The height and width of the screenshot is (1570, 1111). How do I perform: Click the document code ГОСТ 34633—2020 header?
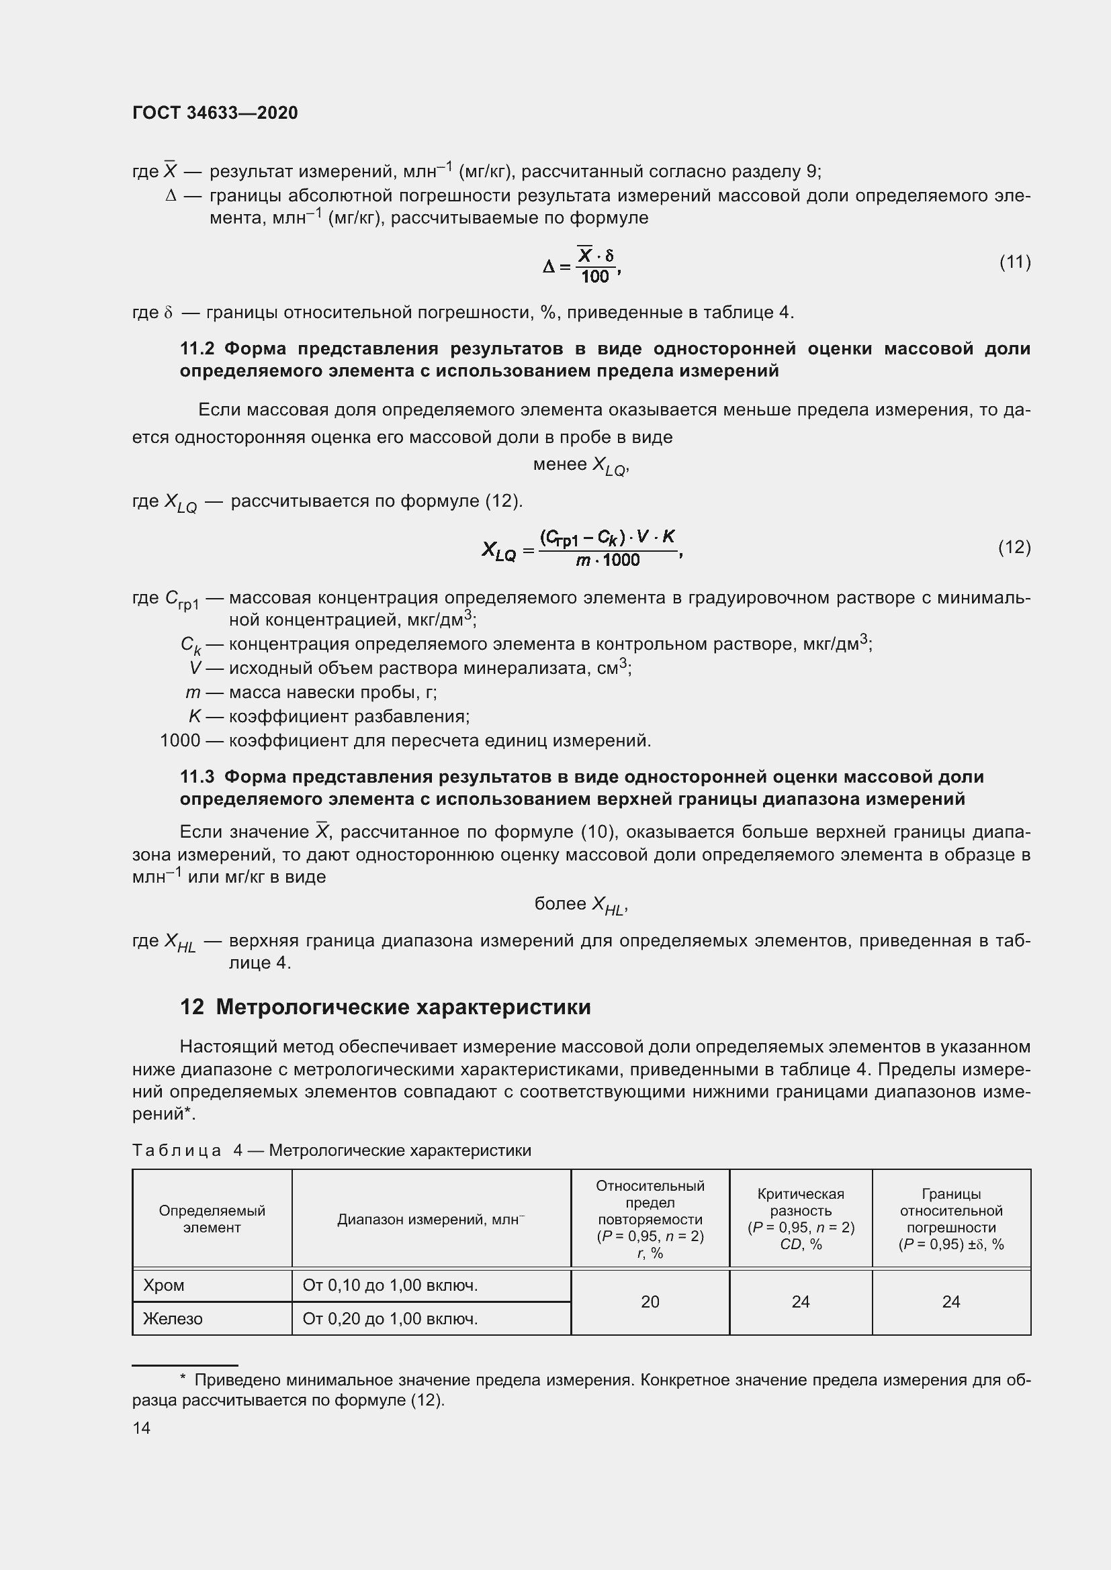[x=215, y=113]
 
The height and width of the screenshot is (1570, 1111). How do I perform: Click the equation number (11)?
[x=1014, y=262]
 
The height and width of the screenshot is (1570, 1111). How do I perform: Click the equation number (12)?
[x=1014, y=547]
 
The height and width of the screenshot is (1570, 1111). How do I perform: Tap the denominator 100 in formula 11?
[x=594, y=277]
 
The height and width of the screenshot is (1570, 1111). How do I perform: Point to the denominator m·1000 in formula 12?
[x=607, y=560]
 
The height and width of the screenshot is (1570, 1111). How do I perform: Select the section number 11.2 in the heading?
[x=197, y=349]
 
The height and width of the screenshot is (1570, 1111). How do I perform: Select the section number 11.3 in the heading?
[x=197, y=777]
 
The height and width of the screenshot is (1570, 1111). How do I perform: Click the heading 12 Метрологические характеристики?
[x=385, y=1008]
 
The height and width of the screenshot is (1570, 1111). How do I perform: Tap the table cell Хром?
[x=164, y=1285]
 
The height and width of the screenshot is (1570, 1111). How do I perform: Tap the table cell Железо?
[x=173, y=1318]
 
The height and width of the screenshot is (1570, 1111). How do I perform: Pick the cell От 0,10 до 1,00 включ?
[x=390, y=1285]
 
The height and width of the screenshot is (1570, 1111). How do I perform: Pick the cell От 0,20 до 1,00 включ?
[x=390, y=1318]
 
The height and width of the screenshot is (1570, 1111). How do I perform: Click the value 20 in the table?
[x=650, y=1302]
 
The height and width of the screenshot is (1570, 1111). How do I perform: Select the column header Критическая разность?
[x=801, y=1202]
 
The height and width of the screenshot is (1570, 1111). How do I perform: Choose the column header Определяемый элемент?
[x=212, y=1219]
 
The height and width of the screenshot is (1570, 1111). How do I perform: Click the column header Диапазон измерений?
[x=431, y=1219]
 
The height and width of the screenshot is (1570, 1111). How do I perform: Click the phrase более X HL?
[x=580, y=905]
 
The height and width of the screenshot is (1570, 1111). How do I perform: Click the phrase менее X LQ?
[x=580, y=465]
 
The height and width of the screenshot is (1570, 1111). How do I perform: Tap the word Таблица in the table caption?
[x=177, y=1151]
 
